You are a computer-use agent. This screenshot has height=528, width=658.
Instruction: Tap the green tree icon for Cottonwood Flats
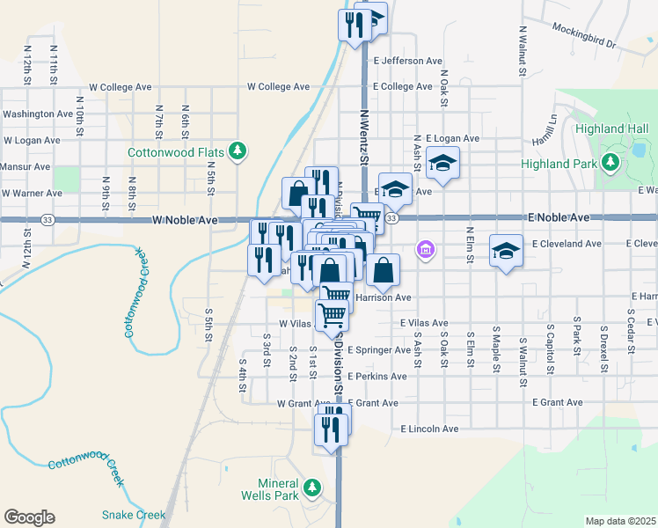pos(237,151)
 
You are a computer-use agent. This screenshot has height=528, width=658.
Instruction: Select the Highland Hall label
pos(611,129)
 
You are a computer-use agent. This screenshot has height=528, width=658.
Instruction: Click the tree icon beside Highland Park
pos(609,163)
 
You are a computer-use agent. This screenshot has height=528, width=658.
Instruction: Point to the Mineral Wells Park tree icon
pos(311,487)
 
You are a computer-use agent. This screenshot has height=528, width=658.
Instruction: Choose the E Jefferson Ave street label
pos(407,62)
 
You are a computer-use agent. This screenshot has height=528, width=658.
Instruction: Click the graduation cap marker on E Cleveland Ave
pos(506,251)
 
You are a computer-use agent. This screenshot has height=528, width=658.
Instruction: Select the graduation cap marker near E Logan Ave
pos(442,162)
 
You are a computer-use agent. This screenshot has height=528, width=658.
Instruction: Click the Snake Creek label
pos(134,515)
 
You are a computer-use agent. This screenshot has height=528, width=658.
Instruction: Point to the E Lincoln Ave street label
pos(430,429)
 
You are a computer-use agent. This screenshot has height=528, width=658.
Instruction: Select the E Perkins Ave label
pos(377,377)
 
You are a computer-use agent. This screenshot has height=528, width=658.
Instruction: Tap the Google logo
pos(29,517)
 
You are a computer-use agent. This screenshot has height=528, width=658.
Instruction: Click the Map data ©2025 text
pos(619,521)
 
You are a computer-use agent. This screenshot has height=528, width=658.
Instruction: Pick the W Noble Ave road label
pos(185,220)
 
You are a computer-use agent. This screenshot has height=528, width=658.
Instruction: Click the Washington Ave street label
pos(38,114)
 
